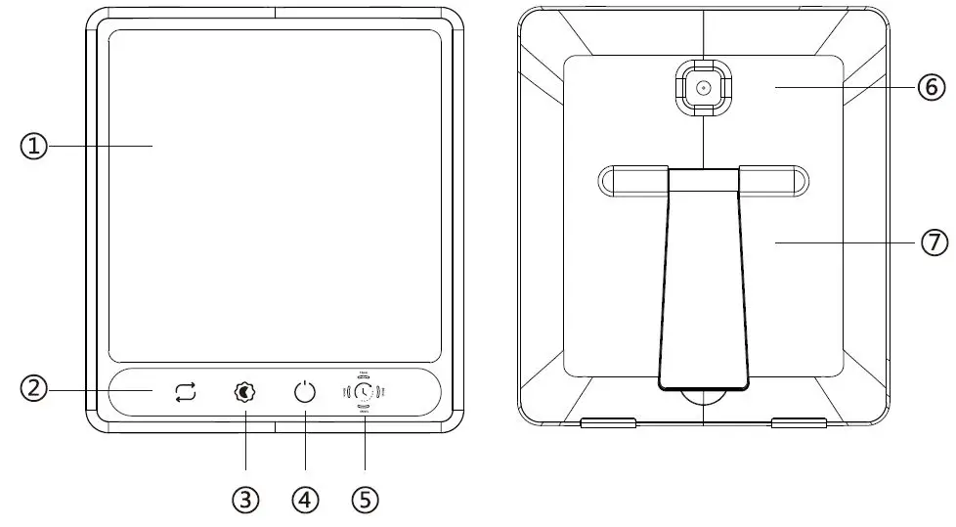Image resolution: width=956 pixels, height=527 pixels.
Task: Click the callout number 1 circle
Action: pyautogui.click(x=34, y=147)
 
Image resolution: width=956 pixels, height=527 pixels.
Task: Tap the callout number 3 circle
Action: pyautogui.click(x=245, y=500)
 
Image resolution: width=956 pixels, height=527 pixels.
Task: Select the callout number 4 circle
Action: pyautogui.click(x=305, y=500)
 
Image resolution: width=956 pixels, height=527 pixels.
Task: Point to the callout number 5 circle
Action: pyautogui.click(x=365, y=500)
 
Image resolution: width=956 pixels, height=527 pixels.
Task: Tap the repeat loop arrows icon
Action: pyautogui.click(x=186, y=392)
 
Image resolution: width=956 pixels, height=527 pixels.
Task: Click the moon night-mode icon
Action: pyautogui.click(x=245, y=392)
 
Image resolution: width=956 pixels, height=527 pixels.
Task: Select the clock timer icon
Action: pyautogui.click(x=364, y=392)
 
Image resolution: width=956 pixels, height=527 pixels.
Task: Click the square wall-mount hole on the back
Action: pyautogui.click(x=702, y=88)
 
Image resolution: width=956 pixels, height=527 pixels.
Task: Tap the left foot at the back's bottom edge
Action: pyautogui.click(x=608, y=423)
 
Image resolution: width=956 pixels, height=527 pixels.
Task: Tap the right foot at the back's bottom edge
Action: pyautogui.click(x=798, y=423)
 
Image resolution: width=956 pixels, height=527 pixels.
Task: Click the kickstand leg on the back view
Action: pyautogui.click(x=703, y=284)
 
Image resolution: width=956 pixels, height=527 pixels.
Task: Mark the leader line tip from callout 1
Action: pyautogui.click(x=153, y=147)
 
